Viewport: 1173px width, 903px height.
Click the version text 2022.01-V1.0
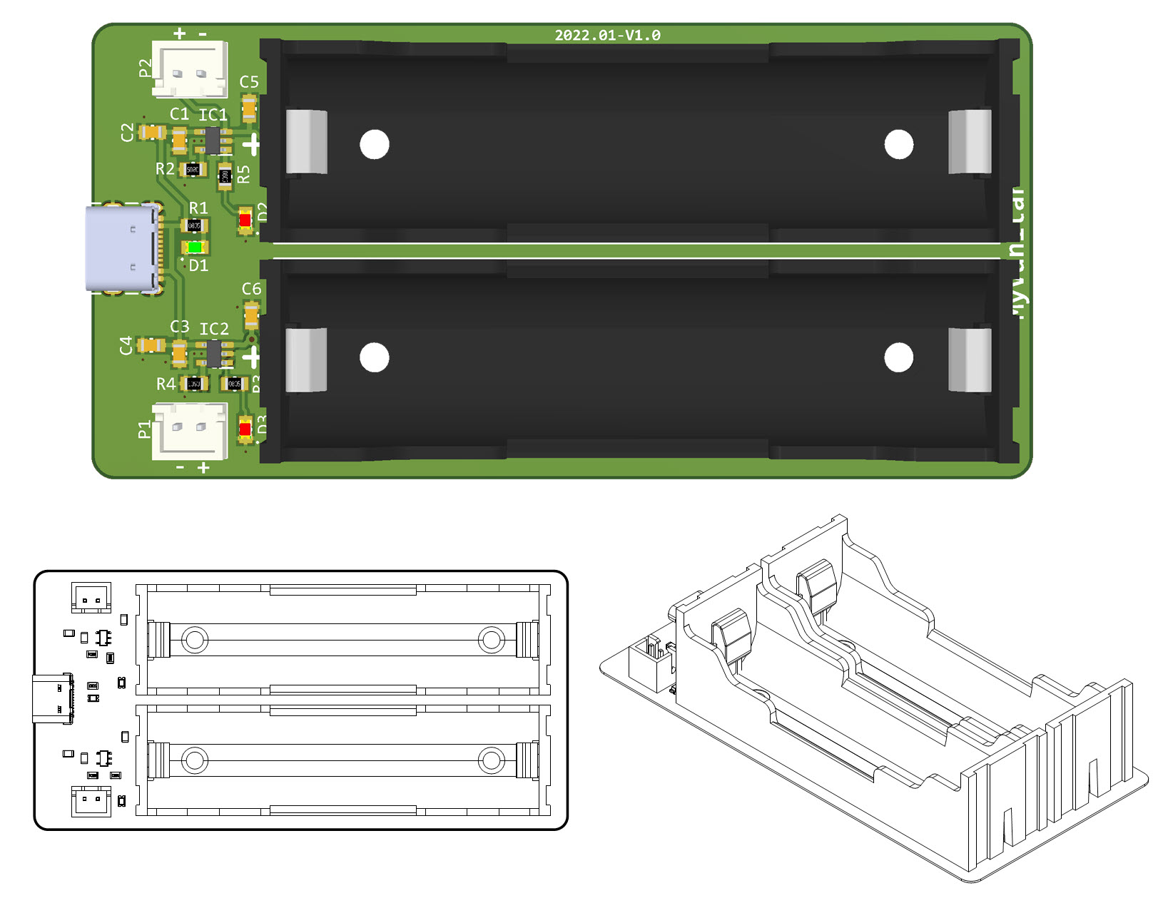click(607, 35)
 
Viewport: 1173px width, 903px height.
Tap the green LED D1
click(195, 248)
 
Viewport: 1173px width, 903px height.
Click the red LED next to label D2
click(245, 220)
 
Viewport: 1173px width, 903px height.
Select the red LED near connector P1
click(245, 429)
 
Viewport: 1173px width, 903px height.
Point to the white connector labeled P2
click(190, 69)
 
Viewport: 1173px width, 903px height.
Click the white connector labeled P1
click(190, 430)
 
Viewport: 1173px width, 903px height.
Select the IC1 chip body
click(213, 141)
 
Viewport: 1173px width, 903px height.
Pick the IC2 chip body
click(213, 353)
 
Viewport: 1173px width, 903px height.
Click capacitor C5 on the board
click(249, 109)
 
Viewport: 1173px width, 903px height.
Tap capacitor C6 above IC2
click(251, 315)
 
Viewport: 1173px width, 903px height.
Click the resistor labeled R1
click(194, 225)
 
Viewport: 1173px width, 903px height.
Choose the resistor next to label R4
click(194, 384)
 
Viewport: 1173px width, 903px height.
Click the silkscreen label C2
click(128, 132)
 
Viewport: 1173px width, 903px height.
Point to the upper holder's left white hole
click(375, 145)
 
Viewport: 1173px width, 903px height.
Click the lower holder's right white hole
click(898, 357)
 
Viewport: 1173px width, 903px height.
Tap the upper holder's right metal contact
click(970, 141)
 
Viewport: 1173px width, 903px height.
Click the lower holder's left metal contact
click(306, 359)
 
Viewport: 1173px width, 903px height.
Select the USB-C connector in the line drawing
click(53, 698)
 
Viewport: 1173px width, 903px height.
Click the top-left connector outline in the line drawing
click(91, 597)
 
